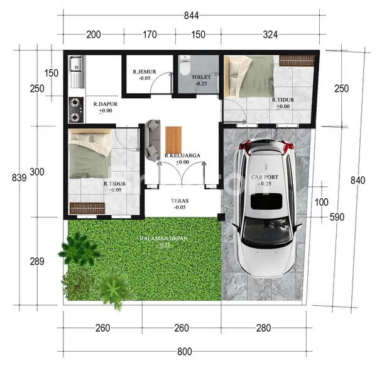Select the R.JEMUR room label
(x=144, y=74)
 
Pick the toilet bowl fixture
(x=184, y=65)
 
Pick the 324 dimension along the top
(x=270, y=35)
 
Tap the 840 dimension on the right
(x=358, y=181)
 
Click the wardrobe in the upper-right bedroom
(x=297, y=60)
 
